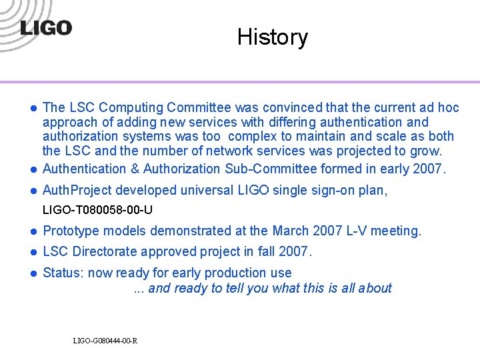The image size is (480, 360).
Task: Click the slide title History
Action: pyautogui.click(x=272, y=37)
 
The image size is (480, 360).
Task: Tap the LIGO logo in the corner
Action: pyautogui.click(x=46, y=29)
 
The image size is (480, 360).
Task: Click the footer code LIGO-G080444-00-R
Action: pyautogui.click(x=105, y=341)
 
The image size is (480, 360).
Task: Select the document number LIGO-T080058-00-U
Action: pyautogui.click(x=98, y=210)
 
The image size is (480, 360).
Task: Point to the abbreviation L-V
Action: pyautogui.click(x=354, y=231)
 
